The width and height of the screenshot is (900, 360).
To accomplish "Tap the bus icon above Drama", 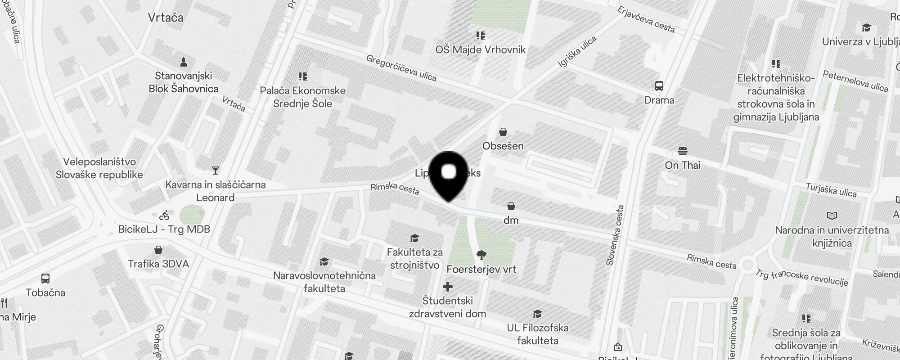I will (x=659, y=86).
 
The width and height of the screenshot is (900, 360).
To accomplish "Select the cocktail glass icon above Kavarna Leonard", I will (x=216, y=170).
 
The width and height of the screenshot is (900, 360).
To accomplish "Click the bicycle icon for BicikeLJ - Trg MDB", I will (x=164, y=216).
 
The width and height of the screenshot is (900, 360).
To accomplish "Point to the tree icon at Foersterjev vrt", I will (x=481, y=255).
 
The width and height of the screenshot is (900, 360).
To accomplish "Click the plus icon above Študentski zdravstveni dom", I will (x=448, y=287).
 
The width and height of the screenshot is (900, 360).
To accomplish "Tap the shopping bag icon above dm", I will (x=511, y=206).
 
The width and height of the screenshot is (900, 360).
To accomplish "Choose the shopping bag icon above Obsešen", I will (x=503, y=132).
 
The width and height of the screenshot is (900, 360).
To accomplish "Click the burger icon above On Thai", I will (x=683, y=151).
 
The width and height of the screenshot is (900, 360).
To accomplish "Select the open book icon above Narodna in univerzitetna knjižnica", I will (x=832, y=216).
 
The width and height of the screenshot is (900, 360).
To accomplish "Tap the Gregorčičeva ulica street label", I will (x=401, y=68).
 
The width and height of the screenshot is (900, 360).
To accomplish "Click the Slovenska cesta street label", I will (x=615, y=235).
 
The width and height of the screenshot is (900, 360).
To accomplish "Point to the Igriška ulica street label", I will (x=577, y=52).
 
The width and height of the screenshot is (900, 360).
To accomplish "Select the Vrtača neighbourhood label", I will (x=166, y=18).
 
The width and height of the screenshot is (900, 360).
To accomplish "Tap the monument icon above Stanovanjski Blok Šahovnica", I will (x=183, y=62).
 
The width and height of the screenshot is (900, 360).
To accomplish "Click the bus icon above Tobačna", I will (x=45, y=278).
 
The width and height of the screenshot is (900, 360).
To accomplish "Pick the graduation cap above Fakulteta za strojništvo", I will (x=414, y=238).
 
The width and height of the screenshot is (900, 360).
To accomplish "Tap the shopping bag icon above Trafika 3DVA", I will (x=158, y=250).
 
